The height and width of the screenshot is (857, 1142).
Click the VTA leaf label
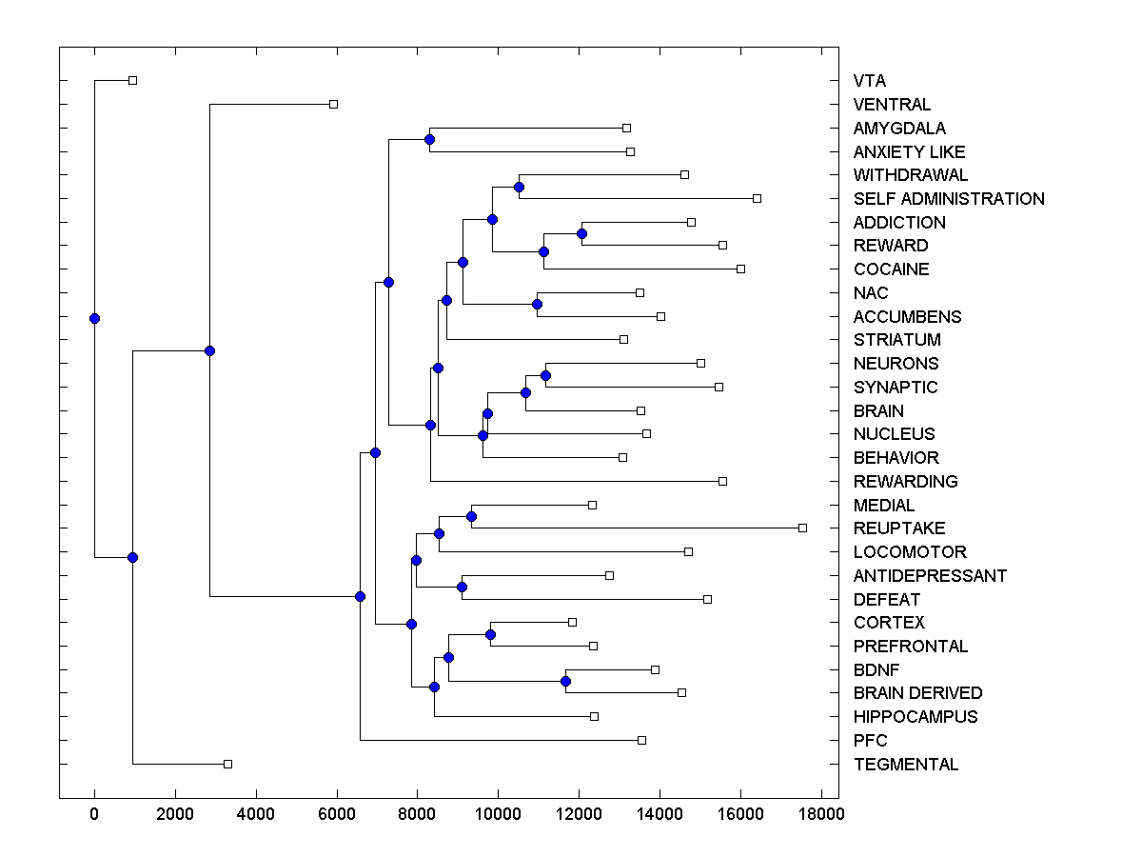point(869,81)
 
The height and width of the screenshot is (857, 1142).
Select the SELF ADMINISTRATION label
point(949,199)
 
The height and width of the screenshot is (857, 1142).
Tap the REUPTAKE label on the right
point(899,528)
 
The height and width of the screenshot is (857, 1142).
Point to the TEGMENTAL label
point(906,765)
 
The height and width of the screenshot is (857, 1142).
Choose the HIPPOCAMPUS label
point(916,717)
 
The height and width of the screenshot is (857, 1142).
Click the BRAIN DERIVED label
point(917,693)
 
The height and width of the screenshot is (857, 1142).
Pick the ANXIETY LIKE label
point(909,152)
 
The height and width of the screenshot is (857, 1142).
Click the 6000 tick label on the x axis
point(336,814)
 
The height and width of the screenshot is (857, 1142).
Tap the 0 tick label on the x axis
point(94,814)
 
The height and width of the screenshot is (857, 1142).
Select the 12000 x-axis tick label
point(578,814)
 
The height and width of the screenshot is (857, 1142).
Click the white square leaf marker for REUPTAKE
point(802,528)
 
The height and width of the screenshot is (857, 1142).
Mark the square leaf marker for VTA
point(133,80)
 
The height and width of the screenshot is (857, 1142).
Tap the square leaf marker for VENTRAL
point(333,104)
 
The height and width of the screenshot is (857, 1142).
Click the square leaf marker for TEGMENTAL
point(227,764)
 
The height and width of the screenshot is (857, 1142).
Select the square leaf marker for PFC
point(641,740)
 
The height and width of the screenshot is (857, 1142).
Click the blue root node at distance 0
point(94,318)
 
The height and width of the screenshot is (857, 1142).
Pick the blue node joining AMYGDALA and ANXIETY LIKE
point(429,140)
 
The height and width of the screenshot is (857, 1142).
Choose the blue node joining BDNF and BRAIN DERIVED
point(565,681)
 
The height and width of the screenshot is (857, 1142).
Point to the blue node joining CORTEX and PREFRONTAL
point(490,634)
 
